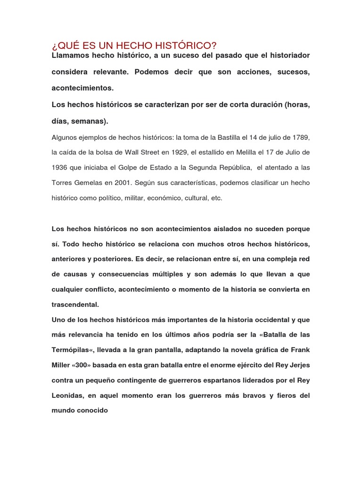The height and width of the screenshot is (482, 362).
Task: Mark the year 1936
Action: (60, 168)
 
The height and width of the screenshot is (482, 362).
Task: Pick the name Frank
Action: (299, 350)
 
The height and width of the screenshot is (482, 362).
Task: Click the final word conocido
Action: (92, 410)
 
